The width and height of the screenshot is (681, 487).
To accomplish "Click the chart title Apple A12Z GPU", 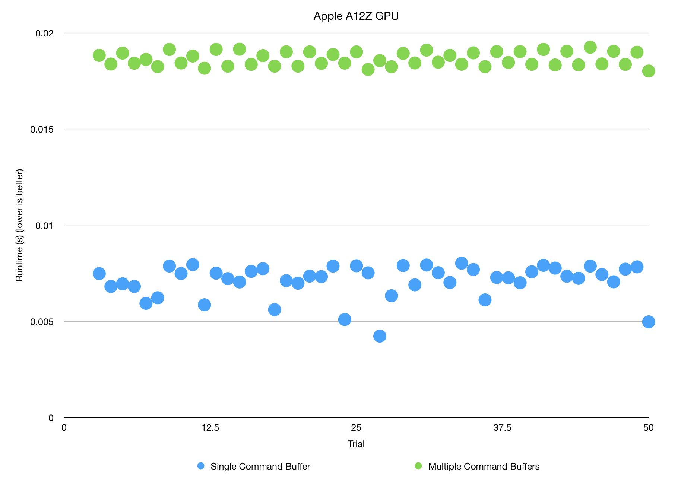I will pos(356,16).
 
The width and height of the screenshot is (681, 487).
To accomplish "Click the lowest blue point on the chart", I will pos(379,336).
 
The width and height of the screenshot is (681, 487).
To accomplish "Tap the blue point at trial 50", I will pos(648,322).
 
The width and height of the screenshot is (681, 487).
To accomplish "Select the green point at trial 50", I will pos(648,71).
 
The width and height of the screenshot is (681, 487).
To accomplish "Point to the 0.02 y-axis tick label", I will pos(44,33).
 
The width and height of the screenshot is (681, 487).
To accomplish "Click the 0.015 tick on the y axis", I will pos(42,129).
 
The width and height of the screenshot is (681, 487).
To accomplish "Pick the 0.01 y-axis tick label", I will pos(44,226).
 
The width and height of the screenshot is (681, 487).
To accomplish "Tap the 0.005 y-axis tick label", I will pos(42,322).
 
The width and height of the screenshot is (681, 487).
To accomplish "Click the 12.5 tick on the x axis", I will pos(210,428).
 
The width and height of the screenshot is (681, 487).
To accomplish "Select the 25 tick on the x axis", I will pos(356,428).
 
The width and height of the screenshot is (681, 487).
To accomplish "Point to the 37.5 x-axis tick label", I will pos(502,428).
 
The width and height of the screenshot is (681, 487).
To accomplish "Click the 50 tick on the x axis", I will pos(648,428).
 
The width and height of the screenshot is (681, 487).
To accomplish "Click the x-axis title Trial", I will pos(356,444).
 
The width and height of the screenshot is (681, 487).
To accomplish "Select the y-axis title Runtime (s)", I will pos(19,225).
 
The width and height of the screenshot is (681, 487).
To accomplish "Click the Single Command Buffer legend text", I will pos(260,467).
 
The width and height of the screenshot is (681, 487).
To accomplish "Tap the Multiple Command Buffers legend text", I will pos(484,467).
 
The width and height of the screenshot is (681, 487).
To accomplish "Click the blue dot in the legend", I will pos(201,466).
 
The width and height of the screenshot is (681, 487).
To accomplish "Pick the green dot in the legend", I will pos(418,466).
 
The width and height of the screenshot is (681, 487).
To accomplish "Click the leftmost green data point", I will pos(99,55).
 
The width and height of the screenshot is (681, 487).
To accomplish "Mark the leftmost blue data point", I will pos(99,274).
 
